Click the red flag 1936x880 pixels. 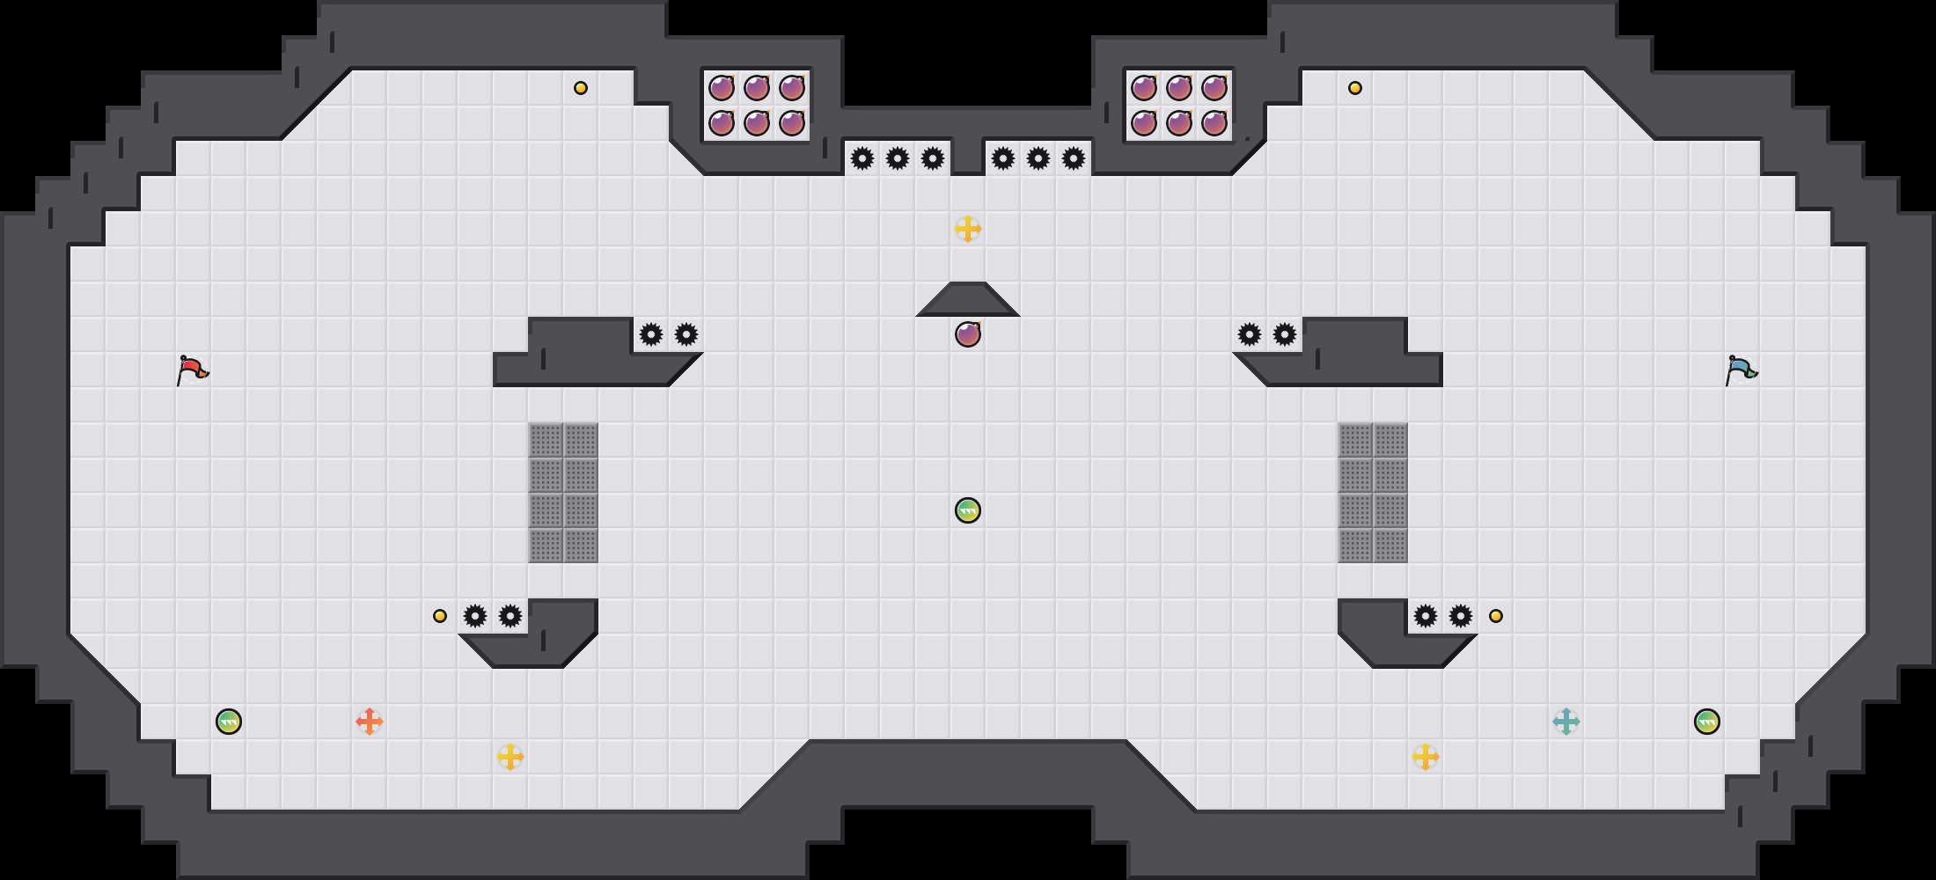192,370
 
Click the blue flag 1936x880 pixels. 1741,370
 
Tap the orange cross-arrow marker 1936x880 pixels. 370,722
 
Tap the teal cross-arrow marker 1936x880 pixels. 1566,722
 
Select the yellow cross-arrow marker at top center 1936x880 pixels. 968,229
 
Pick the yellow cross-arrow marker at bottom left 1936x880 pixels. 510,757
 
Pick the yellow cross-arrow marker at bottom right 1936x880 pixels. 1426,757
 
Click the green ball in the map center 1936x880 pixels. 968,510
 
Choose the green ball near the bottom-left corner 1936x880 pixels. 229,722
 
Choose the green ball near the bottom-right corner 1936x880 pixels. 1707,722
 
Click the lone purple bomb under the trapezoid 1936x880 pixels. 968,334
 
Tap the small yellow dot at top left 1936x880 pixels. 581,88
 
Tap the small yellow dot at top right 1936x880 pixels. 1355,88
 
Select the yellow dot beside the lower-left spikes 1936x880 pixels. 440,616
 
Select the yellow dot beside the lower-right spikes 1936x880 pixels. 1496,616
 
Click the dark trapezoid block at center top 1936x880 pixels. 968,301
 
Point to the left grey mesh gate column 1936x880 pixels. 563,493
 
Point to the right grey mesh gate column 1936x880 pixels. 1373,493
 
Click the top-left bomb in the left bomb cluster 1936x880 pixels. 722,88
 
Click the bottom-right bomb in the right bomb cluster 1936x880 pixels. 1214,123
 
